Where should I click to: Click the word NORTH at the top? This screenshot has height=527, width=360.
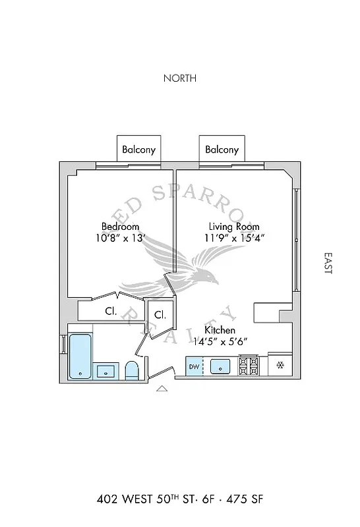(x=180, y=78)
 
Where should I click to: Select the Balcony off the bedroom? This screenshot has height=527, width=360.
(x=139, y=149)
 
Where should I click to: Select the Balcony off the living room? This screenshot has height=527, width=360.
(x=222, y=149)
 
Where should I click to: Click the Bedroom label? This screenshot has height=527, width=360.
(x=120, y=226)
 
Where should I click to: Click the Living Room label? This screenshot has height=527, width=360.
(x=234, y=226)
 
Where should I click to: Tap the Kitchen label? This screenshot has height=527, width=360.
(x=220, y=330)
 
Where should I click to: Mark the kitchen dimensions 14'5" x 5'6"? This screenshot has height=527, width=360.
(x=220, y=342)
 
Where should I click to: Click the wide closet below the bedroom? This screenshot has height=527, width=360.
(x=111, y=311)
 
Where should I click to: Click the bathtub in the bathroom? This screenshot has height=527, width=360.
(x=80, y=356)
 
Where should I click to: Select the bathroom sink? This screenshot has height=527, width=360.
(x=105, y=371)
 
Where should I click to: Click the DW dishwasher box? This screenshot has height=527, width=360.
(x=194, y=366)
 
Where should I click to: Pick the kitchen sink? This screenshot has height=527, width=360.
(x=221, y=366)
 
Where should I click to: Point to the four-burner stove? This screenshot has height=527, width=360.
(x=249, y=366)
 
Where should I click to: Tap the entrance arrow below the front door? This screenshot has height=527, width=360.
(x=162, y=389)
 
